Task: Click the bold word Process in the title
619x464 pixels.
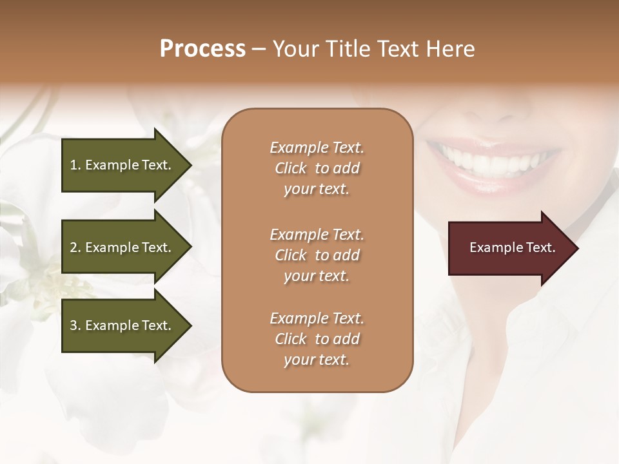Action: (202, 49)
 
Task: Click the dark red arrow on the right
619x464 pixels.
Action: (509, 248)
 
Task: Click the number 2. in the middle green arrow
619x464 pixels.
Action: (75, 247)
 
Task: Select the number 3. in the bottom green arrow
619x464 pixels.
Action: (75, 325)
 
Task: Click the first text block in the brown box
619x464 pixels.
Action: (317, 168)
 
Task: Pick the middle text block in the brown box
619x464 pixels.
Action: (317, 255)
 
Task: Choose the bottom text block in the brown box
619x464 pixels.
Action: (317, 339)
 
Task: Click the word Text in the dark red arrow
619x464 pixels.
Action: (540, 247)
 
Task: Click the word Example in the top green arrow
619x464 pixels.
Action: (112, 165)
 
